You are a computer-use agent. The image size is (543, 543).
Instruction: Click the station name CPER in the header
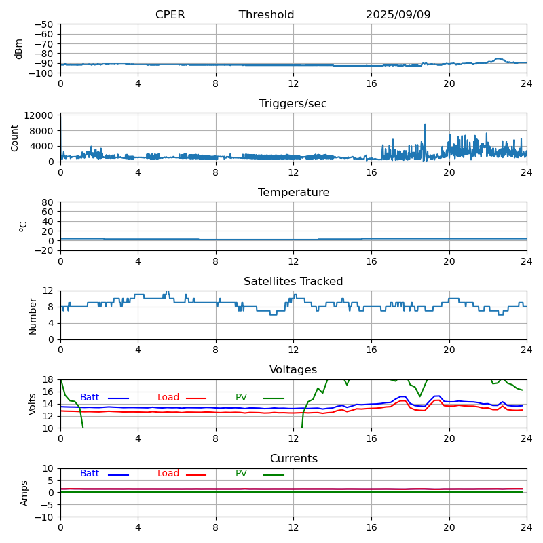tap(170, 15)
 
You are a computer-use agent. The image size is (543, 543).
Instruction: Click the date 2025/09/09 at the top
tap(398, 15)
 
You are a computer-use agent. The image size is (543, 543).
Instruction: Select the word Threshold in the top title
tap(266, 15)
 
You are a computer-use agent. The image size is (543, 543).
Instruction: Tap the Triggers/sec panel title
tap(293, 104)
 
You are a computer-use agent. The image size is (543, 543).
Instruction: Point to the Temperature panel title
tap(293, 193)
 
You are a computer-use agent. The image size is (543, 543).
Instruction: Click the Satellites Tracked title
tap(293, 282)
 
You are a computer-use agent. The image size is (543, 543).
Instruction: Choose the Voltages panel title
tap(293, 370)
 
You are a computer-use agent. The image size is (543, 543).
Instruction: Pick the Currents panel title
tap(293, 459)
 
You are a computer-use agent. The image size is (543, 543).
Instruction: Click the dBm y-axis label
tap(19, 49)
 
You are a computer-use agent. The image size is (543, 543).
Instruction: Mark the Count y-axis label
tap(16, 137)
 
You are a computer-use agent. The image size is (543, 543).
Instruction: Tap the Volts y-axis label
tap(33, 404)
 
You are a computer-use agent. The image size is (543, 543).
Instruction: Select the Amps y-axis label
tap(24, 493)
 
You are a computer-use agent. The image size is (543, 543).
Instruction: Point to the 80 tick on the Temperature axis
tap(48, 202)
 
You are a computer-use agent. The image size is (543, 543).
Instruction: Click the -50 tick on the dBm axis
tap(45, 24)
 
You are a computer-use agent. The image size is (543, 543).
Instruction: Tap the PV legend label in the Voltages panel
tap(241, 398)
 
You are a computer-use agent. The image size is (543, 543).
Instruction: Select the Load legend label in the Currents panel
tap(168, 474)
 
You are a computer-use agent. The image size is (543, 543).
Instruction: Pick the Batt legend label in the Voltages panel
tap(90, 398)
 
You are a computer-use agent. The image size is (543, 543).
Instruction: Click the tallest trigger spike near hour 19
tap(425, 125)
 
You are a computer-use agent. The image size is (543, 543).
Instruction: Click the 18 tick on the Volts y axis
tap(50, 379)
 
